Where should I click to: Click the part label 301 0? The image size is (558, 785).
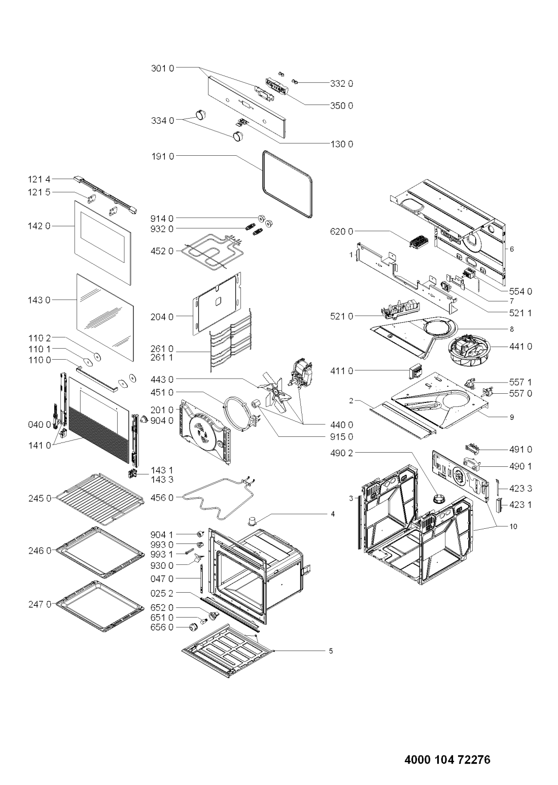[x=162, y=69]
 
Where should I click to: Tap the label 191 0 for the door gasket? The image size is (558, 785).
[x=162, y=157]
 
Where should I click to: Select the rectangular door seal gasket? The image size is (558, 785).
[x=287, y=185]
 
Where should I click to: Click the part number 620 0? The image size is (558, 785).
[x=341, y=231]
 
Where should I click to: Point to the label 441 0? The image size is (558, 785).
[x=520, y=347]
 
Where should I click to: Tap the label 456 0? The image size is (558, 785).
[x=162, y=498]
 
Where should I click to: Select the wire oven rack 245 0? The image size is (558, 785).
[x=100, y=499]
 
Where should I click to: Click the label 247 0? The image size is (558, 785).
[x=40, y=604]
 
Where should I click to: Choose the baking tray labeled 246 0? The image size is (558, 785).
[x=100, y=553]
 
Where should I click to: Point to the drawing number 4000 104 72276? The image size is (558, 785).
[x=447, y=757]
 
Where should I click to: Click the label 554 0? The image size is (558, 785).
[x=520, y=291]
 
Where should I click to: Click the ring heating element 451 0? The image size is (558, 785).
[x=241, y=411]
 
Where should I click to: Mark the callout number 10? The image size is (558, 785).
[x=513, y=526]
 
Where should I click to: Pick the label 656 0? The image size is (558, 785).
[x=162, y=627]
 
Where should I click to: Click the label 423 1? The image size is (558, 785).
[x=520, y=504]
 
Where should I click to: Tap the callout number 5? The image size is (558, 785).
[x=331, y=651]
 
